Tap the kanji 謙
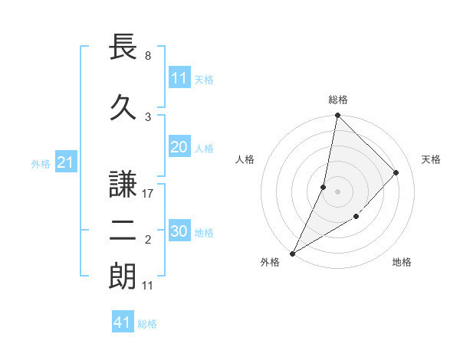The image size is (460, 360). [124, 185]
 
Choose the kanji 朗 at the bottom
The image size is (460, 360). [124, 277]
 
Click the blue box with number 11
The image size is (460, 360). [179, 78]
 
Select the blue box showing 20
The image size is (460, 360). [179, 148]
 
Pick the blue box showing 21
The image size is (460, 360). [65, 162]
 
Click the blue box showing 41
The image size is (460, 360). [123, 323]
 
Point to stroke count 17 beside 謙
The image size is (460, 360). [149, 194]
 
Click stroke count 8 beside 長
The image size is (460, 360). [147, 56]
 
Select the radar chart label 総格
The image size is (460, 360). [337, 100]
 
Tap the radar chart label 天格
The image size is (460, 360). [431, 159]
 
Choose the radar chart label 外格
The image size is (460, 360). [270, 262]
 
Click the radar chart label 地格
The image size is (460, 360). [402, 262]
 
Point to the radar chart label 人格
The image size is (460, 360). [245, 159]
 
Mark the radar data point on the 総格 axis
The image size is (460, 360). [337, 115]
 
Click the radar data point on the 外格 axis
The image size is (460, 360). [292, 253]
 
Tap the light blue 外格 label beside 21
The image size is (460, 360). [41, 163]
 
